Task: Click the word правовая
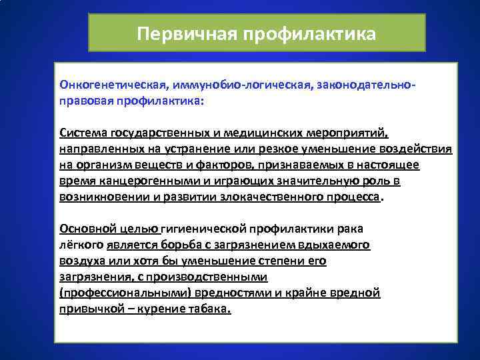(85, 101)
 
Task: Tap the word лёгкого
(78, 245)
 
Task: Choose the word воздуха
(80, 261)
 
